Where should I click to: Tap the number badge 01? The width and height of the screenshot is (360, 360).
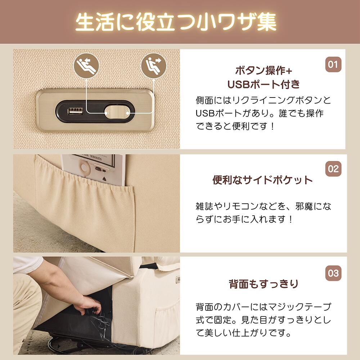pyautogui.click(x=333, y=65)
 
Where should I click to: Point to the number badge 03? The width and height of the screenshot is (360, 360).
pyautogui.click(x=333, y=273)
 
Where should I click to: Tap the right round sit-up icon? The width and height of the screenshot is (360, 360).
pyautogui.click(x=154, y=65)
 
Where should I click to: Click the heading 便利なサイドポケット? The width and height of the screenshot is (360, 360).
pyautogui.click(x=262, y=180)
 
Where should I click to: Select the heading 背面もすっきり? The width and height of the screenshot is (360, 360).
pyautogui.click(x=264, y=284)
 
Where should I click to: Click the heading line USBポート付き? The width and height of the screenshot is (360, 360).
pyautogui.click(x=264, y=85)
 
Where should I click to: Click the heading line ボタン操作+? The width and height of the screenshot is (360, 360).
pyautogui.click(x=264, y=70)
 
